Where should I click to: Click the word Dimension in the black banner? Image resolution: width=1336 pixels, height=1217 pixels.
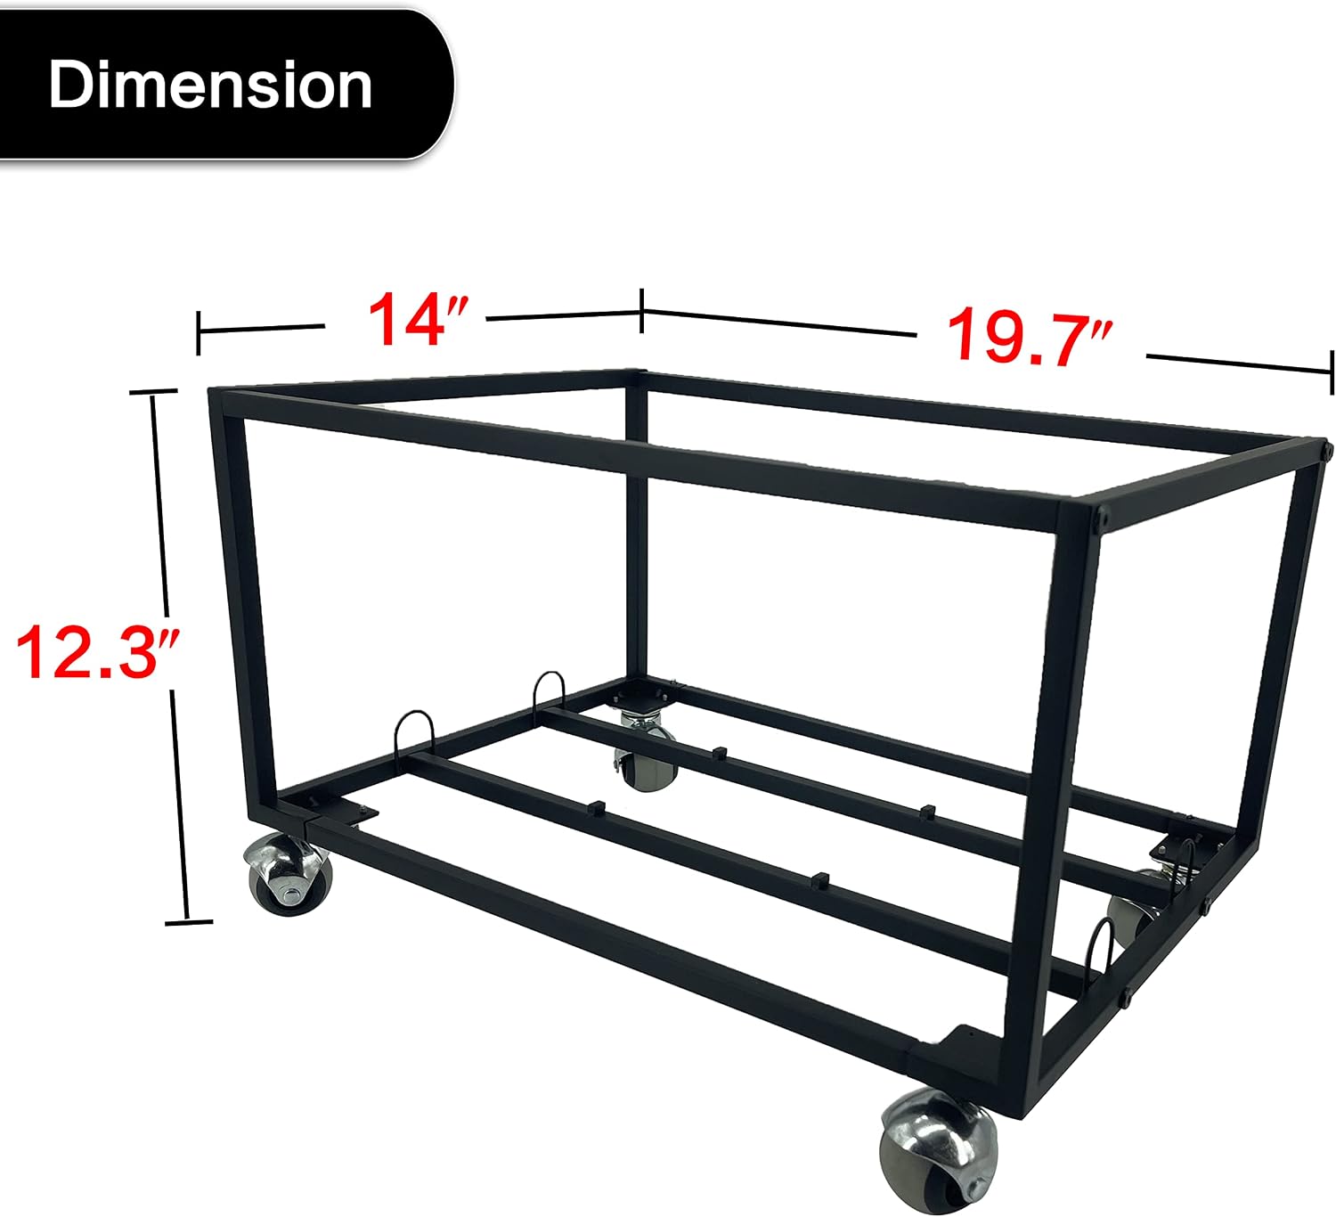pos(210,85)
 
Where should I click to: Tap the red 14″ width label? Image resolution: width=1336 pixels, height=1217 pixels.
pos(419,319)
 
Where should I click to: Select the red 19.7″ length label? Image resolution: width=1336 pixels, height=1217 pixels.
pos(1028,337)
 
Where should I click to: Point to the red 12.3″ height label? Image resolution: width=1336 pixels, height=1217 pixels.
pos(97,652)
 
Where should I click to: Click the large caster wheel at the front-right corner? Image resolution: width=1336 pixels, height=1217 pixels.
pos(938,1148)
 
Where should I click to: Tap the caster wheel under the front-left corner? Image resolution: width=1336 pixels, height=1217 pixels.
pos(288,874)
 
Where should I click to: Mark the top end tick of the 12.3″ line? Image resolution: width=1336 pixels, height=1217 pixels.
pos(153,392)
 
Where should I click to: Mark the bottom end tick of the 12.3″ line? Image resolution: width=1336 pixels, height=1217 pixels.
pos(189,922)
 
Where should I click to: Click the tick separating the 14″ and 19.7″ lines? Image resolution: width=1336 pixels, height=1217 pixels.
pos(641,311)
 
